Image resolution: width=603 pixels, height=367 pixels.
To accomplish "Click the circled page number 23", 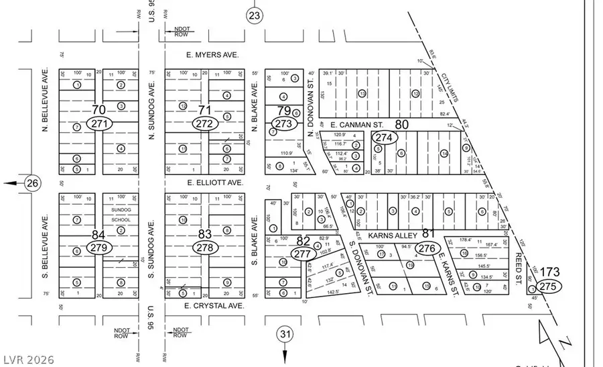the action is (x=253, y=15).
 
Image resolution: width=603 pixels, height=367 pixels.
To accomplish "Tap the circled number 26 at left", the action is (x=31, y=182).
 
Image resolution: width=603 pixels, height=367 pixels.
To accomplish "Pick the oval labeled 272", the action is (x=204, y=123).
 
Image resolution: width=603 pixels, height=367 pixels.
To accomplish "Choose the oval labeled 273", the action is (x=283, y=123).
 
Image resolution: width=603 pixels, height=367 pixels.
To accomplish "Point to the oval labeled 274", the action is (x=384, y=138).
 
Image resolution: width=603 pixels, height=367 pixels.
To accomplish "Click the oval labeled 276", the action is (x=427, y=248).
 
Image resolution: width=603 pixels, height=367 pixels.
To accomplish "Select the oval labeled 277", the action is (x=303, y=254).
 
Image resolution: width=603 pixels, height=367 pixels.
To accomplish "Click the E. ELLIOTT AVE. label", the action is (x=214, y=182).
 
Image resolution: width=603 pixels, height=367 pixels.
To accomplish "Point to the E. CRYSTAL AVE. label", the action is (x=213, y=305).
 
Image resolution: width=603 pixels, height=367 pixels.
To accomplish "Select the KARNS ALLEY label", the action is (x=400, y=235).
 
